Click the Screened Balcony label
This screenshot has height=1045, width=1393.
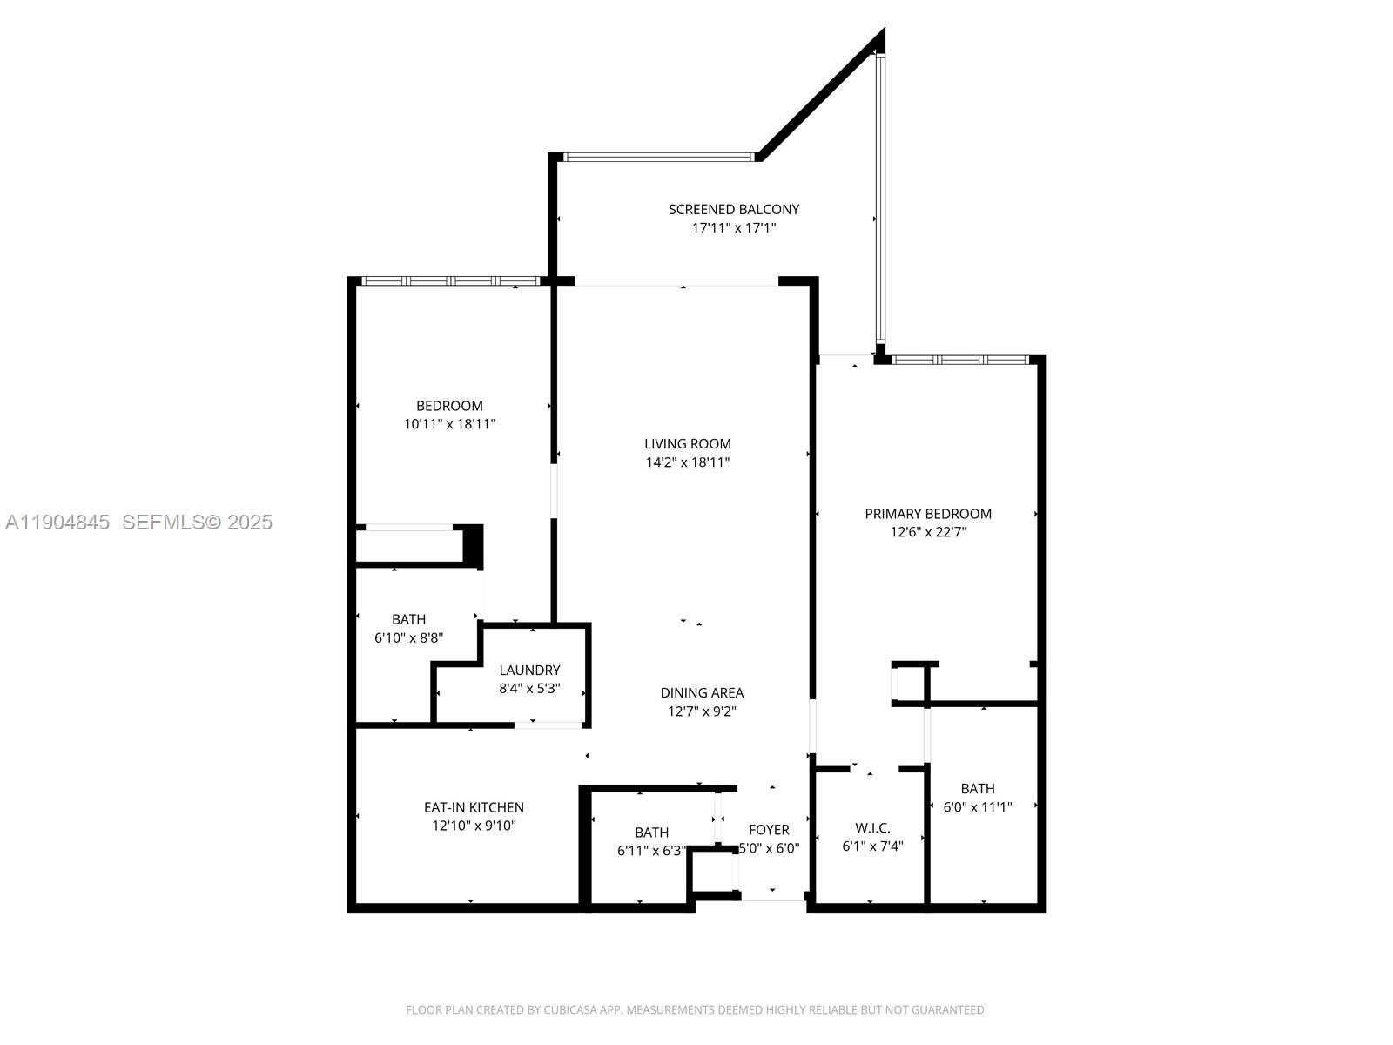click(x=733, y=209)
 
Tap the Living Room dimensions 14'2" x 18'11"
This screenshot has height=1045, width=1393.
click(x=687, y=462)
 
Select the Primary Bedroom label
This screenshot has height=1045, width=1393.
click(x=927, y=514)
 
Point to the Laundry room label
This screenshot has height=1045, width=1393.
click(x=529, y=670)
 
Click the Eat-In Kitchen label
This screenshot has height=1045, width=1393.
click(x=474, y=807)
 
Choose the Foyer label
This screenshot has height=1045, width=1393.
click(x=769, y=830)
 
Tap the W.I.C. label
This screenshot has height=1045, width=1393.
click(x=872, y=828)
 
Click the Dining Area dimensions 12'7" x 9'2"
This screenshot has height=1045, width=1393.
click(x=702, y=711)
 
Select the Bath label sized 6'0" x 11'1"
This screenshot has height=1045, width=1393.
click(x=978, y=788)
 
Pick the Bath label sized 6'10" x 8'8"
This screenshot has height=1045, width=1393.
click(x=408, y=619)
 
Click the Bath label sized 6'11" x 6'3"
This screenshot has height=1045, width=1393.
click(x=651, y=833)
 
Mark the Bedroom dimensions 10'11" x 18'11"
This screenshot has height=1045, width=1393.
click(x=449, y=424)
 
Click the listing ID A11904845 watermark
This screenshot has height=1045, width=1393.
click(x=57, y=522)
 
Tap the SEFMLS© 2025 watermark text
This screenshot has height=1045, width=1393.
click(x=198, y=522)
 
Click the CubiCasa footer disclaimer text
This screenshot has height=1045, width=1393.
click(x=696, y=1010)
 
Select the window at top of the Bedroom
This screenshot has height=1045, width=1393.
click(x=451, y=281)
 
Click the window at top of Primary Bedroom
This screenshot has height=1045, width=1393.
click(x=959, y=360)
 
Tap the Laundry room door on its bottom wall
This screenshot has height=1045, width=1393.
click(x=548, y=725)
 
